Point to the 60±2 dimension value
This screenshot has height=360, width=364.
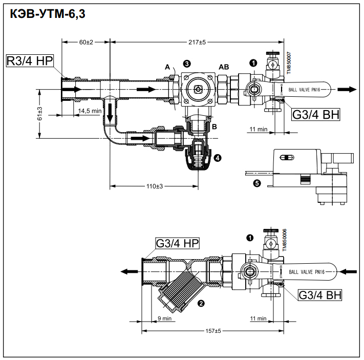click(x=86, y=42)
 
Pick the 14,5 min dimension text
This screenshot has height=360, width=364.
click(x=90, y=110)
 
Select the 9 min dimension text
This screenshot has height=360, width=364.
click(x=164, y=319)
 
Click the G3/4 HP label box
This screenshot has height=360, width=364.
click(x=177, y=243)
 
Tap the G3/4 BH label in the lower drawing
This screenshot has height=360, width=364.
click(x=319, y=295)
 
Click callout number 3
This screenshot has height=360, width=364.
click(x=187, y=63)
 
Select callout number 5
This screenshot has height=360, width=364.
click(x=257, y=182)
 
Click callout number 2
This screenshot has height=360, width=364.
click(x=201, y=303)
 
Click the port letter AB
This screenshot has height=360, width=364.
click(x=224, y=67)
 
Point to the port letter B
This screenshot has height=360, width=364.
click(x=215, y=126)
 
